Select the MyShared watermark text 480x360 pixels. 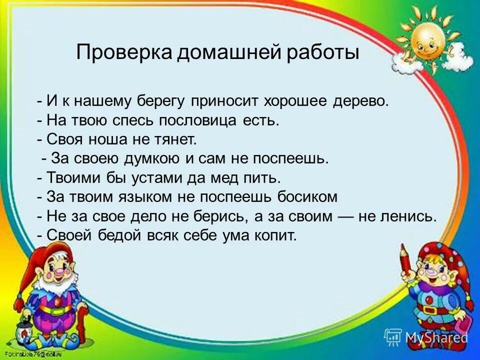tap(435, 337)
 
